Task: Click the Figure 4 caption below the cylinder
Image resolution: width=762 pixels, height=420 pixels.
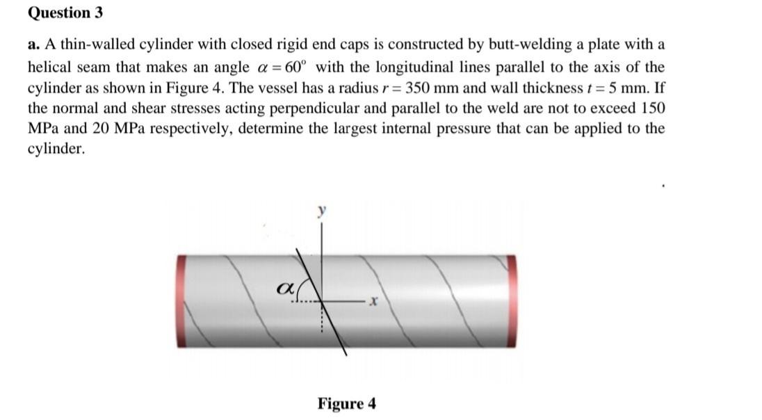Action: pyautogui.click(x=346, y=404)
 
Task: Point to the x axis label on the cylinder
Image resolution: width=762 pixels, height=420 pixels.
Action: pyautogui.click(x=374, y=302)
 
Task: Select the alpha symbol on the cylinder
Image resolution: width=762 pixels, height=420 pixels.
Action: pyautogui.click(x=285, y=286)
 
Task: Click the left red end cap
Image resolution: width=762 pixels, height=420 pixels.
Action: pyautogui.click(x=181, y=300)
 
